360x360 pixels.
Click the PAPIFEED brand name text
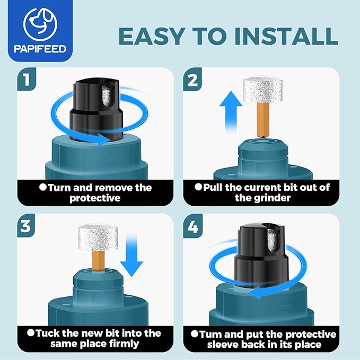click(40, 49)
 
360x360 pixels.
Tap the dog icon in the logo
click(40, 24)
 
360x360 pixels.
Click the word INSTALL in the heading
click(286, 36)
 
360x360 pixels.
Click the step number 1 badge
click(27, 79)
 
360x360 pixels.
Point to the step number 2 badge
click(192, 79)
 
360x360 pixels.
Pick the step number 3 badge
click(26, 225)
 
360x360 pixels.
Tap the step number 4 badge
click(192, 226)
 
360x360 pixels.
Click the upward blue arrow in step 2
click(231, 111)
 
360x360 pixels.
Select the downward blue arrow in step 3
click(131, 256)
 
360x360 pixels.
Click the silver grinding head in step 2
click(262, 90)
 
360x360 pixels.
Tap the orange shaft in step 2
click(263, 120)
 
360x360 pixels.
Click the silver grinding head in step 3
click(98, 238)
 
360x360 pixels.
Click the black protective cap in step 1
click(96, 110)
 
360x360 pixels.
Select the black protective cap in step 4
click(261, 254)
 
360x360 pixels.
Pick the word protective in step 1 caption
click(95, 198)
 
